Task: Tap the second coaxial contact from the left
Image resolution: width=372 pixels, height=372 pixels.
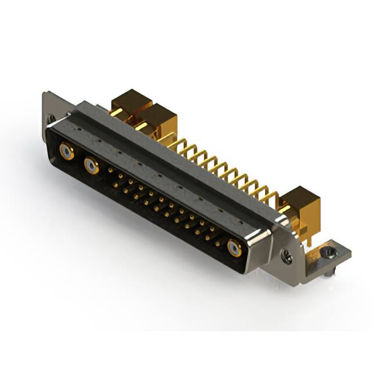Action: click(x=91, y=167)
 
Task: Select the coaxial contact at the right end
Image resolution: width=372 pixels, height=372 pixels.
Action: click(x=235, y=249)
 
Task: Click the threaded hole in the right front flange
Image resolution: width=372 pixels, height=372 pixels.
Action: click(x=287, y=254)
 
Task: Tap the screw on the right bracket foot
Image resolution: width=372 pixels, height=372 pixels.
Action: click(x=329, y=252)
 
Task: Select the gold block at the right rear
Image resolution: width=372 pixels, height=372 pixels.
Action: click(x=302, y=205)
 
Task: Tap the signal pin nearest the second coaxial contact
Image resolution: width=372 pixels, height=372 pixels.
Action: click(x=110, y=170)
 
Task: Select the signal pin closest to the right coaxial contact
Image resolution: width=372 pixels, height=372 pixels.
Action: click(x=218, y=244)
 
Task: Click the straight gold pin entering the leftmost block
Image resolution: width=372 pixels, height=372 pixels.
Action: click(x=116, y=112)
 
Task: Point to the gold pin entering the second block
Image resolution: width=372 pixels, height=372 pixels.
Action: click(x=141, y=126)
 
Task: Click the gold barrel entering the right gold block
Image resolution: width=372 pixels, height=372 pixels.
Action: click(x=286, y=208)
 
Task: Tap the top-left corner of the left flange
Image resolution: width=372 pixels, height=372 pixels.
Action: click(x=46, y=93)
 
